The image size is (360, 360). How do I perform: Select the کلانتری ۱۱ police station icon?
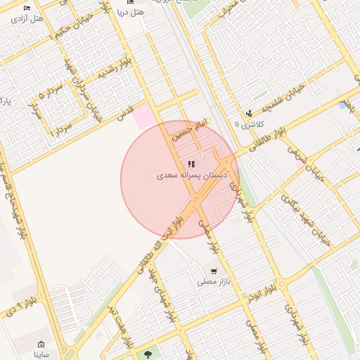[x=248, y=113]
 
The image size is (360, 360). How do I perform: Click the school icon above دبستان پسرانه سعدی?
[x=192, y=164]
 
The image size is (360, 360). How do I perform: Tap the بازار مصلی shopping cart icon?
[x=213, y=271]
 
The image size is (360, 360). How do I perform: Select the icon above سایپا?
[x=41, y=345]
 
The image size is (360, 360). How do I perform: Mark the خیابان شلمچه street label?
[x=279, y=102]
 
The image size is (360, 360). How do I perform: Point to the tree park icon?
[x=147, y=354]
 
